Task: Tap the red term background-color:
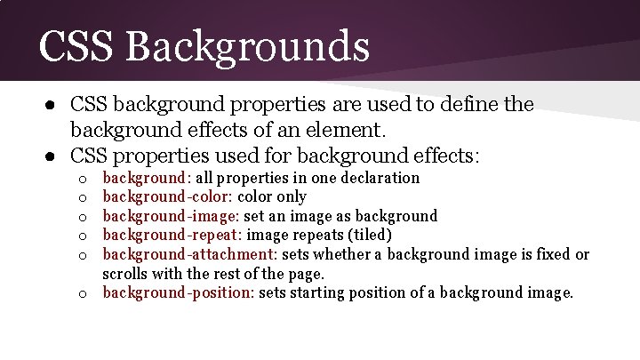coord(168,196)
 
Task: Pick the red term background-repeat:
coord(172,236)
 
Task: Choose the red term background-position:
coord(179,293)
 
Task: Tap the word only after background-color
coord(292,196)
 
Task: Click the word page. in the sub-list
coord(304,275)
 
